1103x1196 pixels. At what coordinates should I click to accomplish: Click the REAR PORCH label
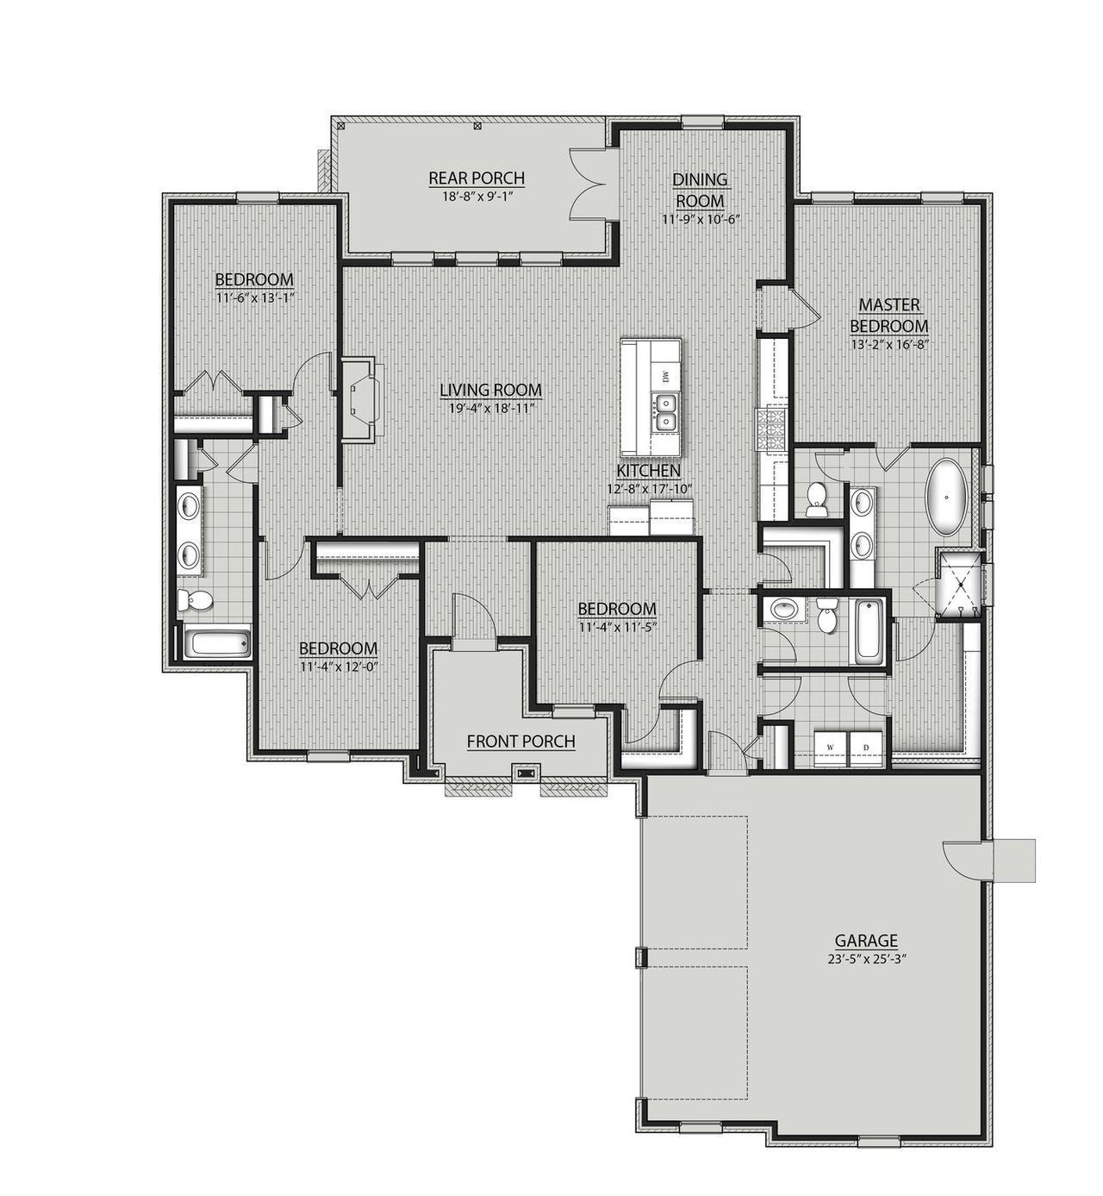point(477,178)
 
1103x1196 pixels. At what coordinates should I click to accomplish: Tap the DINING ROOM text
point(700,190)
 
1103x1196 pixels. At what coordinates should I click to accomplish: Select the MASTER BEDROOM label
point(889,315)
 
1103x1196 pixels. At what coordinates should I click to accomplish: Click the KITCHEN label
point(648,471)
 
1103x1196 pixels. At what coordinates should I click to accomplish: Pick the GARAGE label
point(866,941)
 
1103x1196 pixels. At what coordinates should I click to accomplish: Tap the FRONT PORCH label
point(520,742)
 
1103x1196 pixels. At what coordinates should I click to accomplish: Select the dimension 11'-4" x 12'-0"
point(338,666)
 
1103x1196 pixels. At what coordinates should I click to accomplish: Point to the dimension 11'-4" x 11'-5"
point(616,626)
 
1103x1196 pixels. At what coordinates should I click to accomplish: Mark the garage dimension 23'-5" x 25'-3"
point(866,958)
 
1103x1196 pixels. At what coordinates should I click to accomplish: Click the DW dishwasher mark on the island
point(665,376)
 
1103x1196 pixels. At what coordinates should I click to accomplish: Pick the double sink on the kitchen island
point(664,412)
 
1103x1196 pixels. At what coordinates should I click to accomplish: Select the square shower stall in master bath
point(958,585)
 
